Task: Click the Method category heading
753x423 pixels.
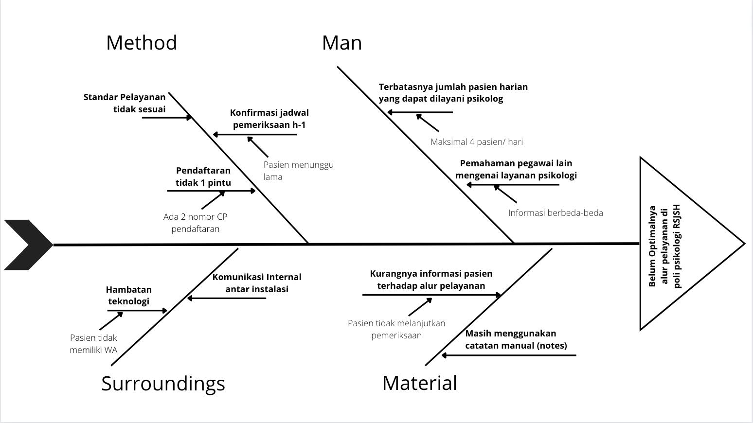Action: click(x=142, y=43)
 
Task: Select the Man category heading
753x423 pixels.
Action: click(x=342, y=43)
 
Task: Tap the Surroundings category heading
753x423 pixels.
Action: click(x=163, y=384)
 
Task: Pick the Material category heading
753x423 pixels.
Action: click(x=420, y=383)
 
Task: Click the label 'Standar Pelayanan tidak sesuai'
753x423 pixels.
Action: click(x=125, y=103)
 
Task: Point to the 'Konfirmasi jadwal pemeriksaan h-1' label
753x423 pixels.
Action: click(x=269, y=119)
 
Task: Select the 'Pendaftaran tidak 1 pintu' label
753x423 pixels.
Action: click(x=203, y=176)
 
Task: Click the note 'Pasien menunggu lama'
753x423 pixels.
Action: click(x=298, y=171)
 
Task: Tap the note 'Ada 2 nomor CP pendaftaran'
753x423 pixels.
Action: click(x=196, y=223)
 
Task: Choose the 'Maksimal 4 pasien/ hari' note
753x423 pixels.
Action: click(x=477, y=142)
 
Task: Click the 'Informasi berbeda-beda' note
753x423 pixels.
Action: click(x=556, y=213)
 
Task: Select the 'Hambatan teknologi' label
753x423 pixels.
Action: click(x=129, y=295)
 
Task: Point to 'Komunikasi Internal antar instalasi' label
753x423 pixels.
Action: click(x=257, y=283)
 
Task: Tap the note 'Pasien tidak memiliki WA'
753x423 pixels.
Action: click(x=93, y=344)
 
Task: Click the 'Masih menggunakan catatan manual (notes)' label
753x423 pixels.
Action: click(x=516, y=339)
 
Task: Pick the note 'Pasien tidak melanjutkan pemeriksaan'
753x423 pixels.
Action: click(x=396, y=329)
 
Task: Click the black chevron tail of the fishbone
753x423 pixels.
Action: click(x=27, y=245)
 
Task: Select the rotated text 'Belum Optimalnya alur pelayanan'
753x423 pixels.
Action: click(x=664, y=246)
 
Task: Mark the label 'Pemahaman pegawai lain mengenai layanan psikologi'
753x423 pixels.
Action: click(x=516, y=169)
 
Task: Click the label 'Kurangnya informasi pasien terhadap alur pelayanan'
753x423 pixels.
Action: click(x=431, y=280)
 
